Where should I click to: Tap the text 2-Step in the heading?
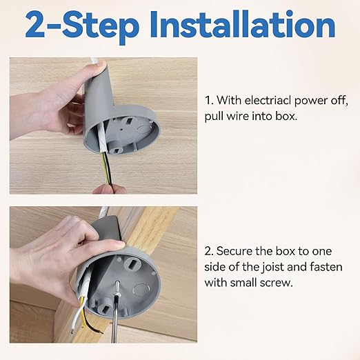coord(81,26)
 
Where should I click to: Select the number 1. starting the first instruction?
coord(210,101)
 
